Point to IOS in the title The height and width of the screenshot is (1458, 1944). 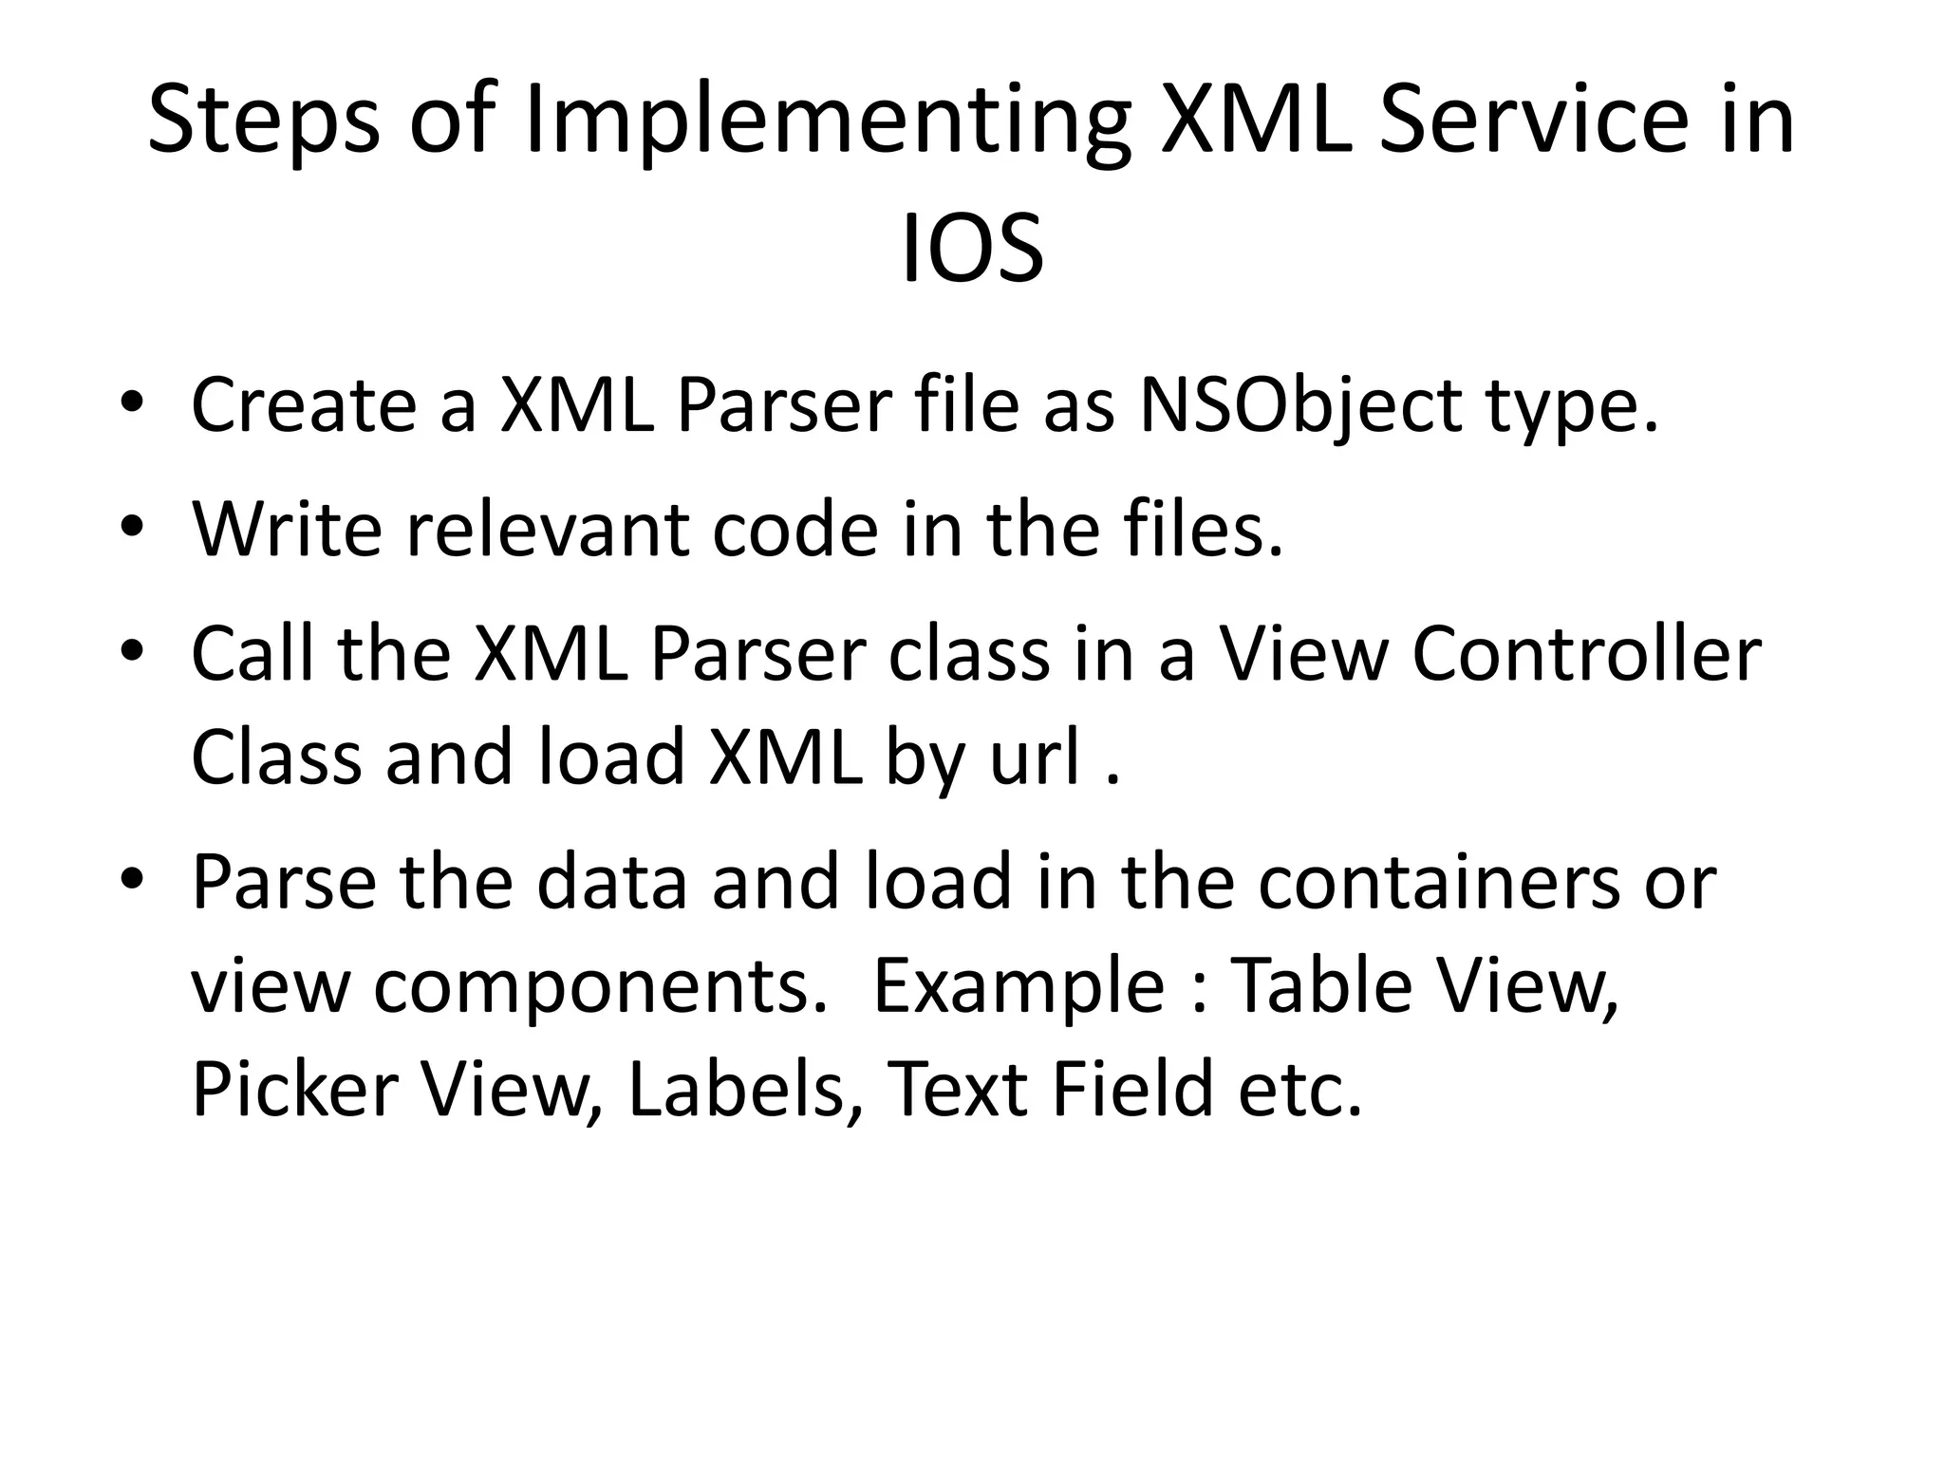tap(971, 250)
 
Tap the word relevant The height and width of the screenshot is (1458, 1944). tap(546, 531)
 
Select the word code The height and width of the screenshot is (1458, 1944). tap(795, 531)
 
